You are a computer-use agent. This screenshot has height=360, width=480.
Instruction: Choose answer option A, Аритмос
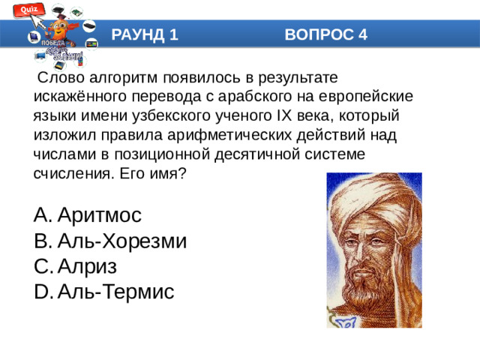point(97,215)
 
